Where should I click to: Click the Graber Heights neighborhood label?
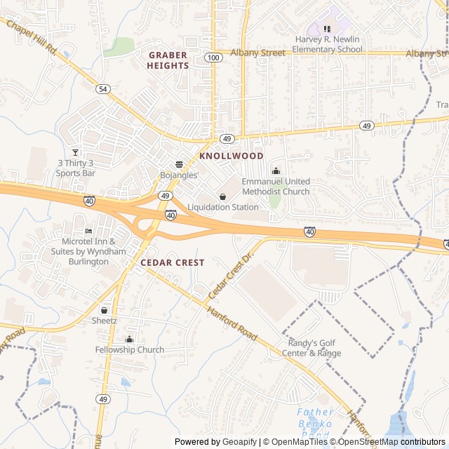[x=168, y=60]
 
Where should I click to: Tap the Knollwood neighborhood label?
[x=232, y=156]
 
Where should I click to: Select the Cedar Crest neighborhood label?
[x=173, y=262]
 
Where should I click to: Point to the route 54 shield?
[x=104, y=88]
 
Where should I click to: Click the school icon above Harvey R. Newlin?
[x=327, y=29]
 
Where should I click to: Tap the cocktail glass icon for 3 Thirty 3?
[x=76, y=152]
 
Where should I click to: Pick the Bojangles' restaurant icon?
[x=179, y=163]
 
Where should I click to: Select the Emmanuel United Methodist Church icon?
[x=276, y=170]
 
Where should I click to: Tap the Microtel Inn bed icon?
[x=88, y=231]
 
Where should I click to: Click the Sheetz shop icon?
[x=104, y=309]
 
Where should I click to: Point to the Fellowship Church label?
[x=130, y=350]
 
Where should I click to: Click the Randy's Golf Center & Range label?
[x=314, y=348]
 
